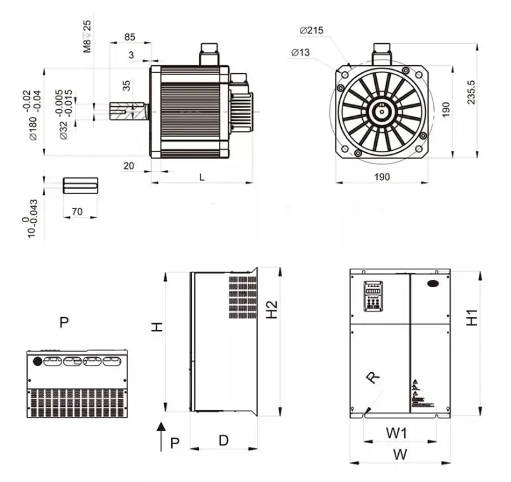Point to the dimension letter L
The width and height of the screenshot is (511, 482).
pos(202,176)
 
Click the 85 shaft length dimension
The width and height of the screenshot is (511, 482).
pos(129,37)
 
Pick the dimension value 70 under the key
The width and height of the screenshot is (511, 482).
pos(77,211)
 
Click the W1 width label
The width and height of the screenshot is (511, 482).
pos(397,433)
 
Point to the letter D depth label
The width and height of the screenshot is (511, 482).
pos(224,440)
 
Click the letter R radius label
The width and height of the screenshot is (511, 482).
pos(374,378)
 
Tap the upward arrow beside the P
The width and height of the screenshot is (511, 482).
pos(160,437)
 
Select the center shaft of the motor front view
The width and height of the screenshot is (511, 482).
pos(382,111)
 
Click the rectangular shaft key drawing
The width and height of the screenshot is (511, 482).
pos(80,185)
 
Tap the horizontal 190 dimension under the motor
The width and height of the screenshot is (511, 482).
pos(382,176)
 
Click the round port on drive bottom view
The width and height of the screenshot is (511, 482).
pos(38,362)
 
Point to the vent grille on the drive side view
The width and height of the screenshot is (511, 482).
pos(243,297)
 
